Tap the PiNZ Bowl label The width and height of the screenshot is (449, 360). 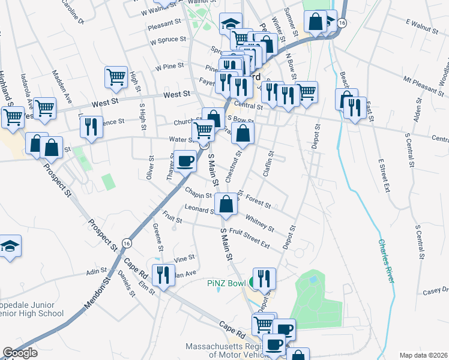pyautogui.click(x=224, y=283)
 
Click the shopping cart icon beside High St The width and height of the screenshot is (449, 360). pyautogui.click(x=116, y=76)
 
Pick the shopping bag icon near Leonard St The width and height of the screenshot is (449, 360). pyautogui.click(x=225, y=203)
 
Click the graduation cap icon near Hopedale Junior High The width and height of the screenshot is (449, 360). pyautogui.click(x=10, y=245)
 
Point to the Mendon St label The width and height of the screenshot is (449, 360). pyautogui.click(x=98, y=293)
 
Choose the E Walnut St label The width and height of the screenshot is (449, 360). pyautogui.click(x=423, y=23)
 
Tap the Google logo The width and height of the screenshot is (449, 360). pyautogui.click(x=20, y=353)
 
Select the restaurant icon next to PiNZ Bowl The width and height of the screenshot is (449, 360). pyautogui.click(x=264, y=278)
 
